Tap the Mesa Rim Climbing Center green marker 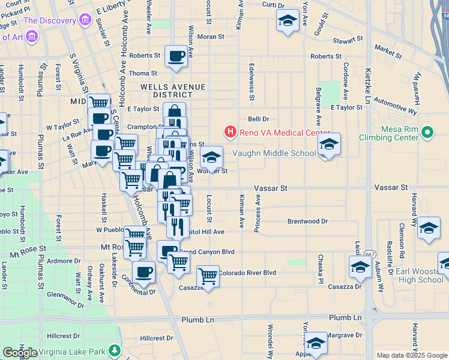427,131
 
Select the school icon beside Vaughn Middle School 329,145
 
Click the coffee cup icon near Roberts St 176,57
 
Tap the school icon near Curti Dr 288,21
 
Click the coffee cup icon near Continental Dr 143,272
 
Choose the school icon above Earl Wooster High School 429,229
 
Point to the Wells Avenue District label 172,91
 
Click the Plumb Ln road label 345,317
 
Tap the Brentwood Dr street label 307,221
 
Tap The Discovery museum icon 85,22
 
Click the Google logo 20,352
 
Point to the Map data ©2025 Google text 411,355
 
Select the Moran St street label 211,37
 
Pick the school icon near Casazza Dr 360,267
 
